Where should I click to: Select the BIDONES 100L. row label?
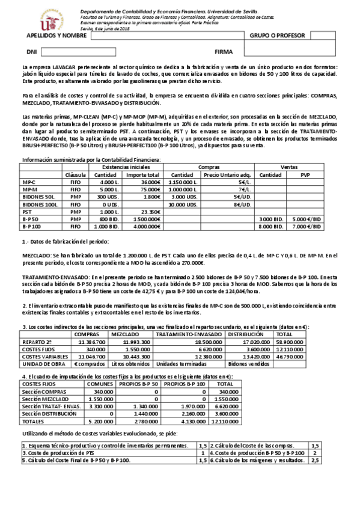(39, 205)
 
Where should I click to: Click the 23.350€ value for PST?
(150, 212)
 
